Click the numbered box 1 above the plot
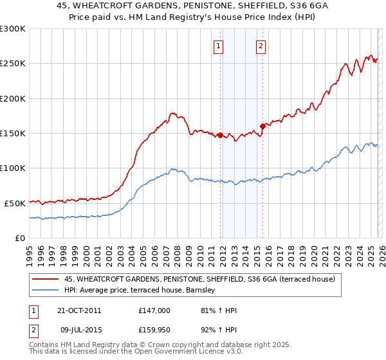(x=219, y=46)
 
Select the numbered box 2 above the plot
(x=261, y=46)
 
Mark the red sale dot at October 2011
(x=220, y=135)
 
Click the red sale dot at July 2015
(x=262, y=126)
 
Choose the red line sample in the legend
(x=46, y=280)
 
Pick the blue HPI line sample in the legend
(x=46, y=291)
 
